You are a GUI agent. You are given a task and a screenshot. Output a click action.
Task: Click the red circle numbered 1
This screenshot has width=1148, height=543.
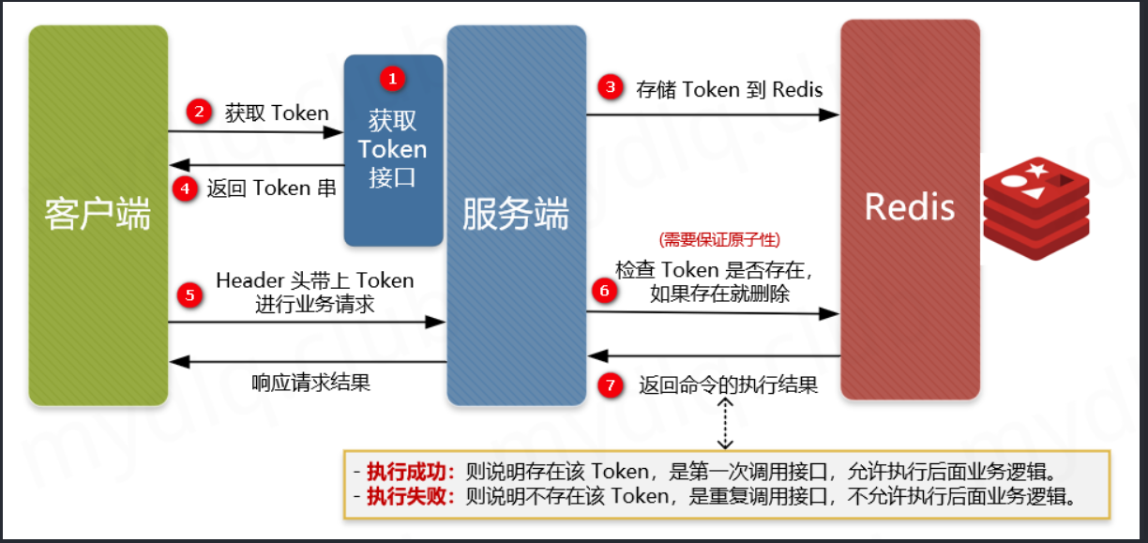[392, 78]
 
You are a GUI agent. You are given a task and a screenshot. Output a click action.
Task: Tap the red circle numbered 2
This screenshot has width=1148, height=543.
[198, 113]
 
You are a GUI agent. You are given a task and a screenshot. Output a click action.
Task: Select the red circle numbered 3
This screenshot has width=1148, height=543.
[611, 88]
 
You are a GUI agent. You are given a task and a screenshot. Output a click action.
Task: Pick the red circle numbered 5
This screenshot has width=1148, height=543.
[190, 295]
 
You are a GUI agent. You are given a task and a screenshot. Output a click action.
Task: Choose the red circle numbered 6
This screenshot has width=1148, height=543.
[604, 291]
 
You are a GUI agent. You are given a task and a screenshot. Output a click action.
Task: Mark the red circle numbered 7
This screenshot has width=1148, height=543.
[612, 385]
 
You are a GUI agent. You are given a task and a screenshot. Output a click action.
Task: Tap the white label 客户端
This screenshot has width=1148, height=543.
[98, 215]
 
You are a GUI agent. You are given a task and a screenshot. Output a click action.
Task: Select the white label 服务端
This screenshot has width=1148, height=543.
[516, 215]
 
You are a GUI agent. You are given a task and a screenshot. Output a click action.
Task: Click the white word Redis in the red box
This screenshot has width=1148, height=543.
[909, 207]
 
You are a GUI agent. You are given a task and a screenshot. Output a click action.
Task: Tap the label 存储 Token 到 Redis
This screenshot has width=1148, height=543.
[729, 89]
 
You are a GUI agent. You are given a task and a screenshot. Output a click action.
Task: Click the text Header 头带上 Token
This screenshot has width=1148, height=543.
[314, 280]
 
